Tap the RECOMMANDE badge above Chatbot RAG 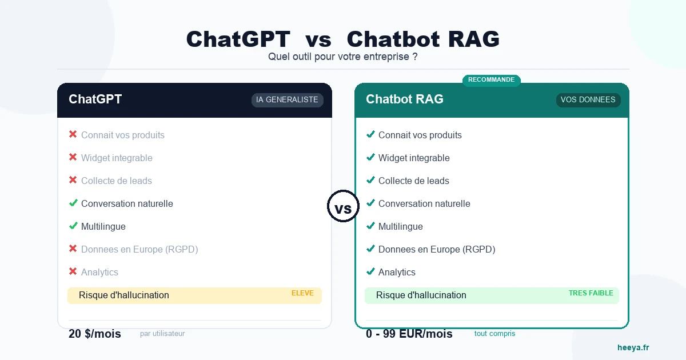pos(491,80)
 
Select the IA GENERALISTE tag pos(287,100)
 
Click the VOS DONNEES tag pos(588,100)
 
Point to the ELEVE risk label pos(302,293)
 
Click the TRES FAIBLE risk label pos(591,293)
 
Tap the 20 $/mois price pos(95,334)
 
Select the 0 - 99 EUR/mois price pos(409,334)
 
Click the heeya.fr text pos(633,347)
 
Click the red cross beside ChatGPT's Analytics pos(73,271)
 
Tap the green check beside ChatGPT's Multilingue pos(73,226)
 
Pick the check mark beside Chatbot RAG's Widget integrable pos(370,157)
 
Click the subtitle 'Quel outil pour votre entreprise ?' pos(343,57)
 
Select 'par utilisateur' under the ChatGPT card pos(162,334)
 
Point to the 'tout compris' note pos(494,334)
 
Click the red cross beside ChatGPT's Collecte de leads pos(73,180)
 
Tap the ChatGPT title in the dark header pos(95,99)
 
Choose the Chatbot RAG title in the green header pos(405,99)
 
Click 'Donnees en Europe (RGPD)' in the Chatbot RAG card pos(437,249)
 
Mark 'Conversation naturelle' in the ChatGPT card pos(127,203)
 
